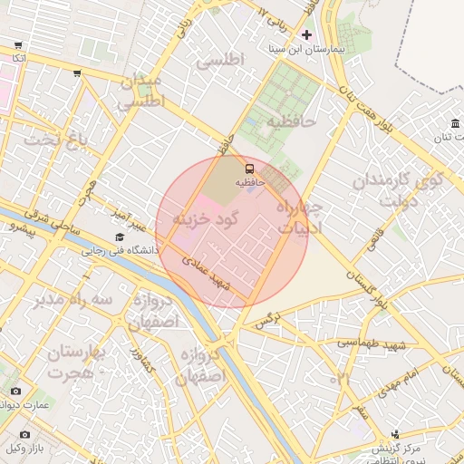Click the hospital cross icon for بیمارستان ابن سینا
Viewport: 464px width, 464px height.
point(306,34)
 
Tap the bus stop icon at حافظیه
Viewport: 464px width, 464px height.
point(249,168)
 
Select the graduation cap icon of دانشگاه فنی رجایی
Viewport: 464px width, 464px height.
point(120,237)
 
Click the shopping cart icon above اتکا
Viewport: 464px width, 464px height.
point(18,45)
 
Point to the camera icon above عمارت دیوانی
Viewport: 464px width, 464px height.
point(14,391)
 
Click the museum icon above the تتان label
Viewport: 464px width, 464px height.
point(454,124)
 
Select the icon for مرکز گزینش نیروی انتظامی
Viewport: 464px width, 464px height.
point(395,435)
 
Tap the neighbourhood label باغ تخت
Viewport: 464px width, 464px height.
point(59,140)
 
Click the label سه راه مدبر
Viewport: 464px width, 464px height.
point(74,299)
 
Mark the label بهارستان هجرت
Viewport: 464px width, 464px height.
point(77,362)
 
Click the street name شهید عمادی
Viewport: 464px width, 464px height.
point(214,273)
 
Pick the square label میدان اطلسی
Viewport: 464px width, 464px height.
point(141,91)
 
